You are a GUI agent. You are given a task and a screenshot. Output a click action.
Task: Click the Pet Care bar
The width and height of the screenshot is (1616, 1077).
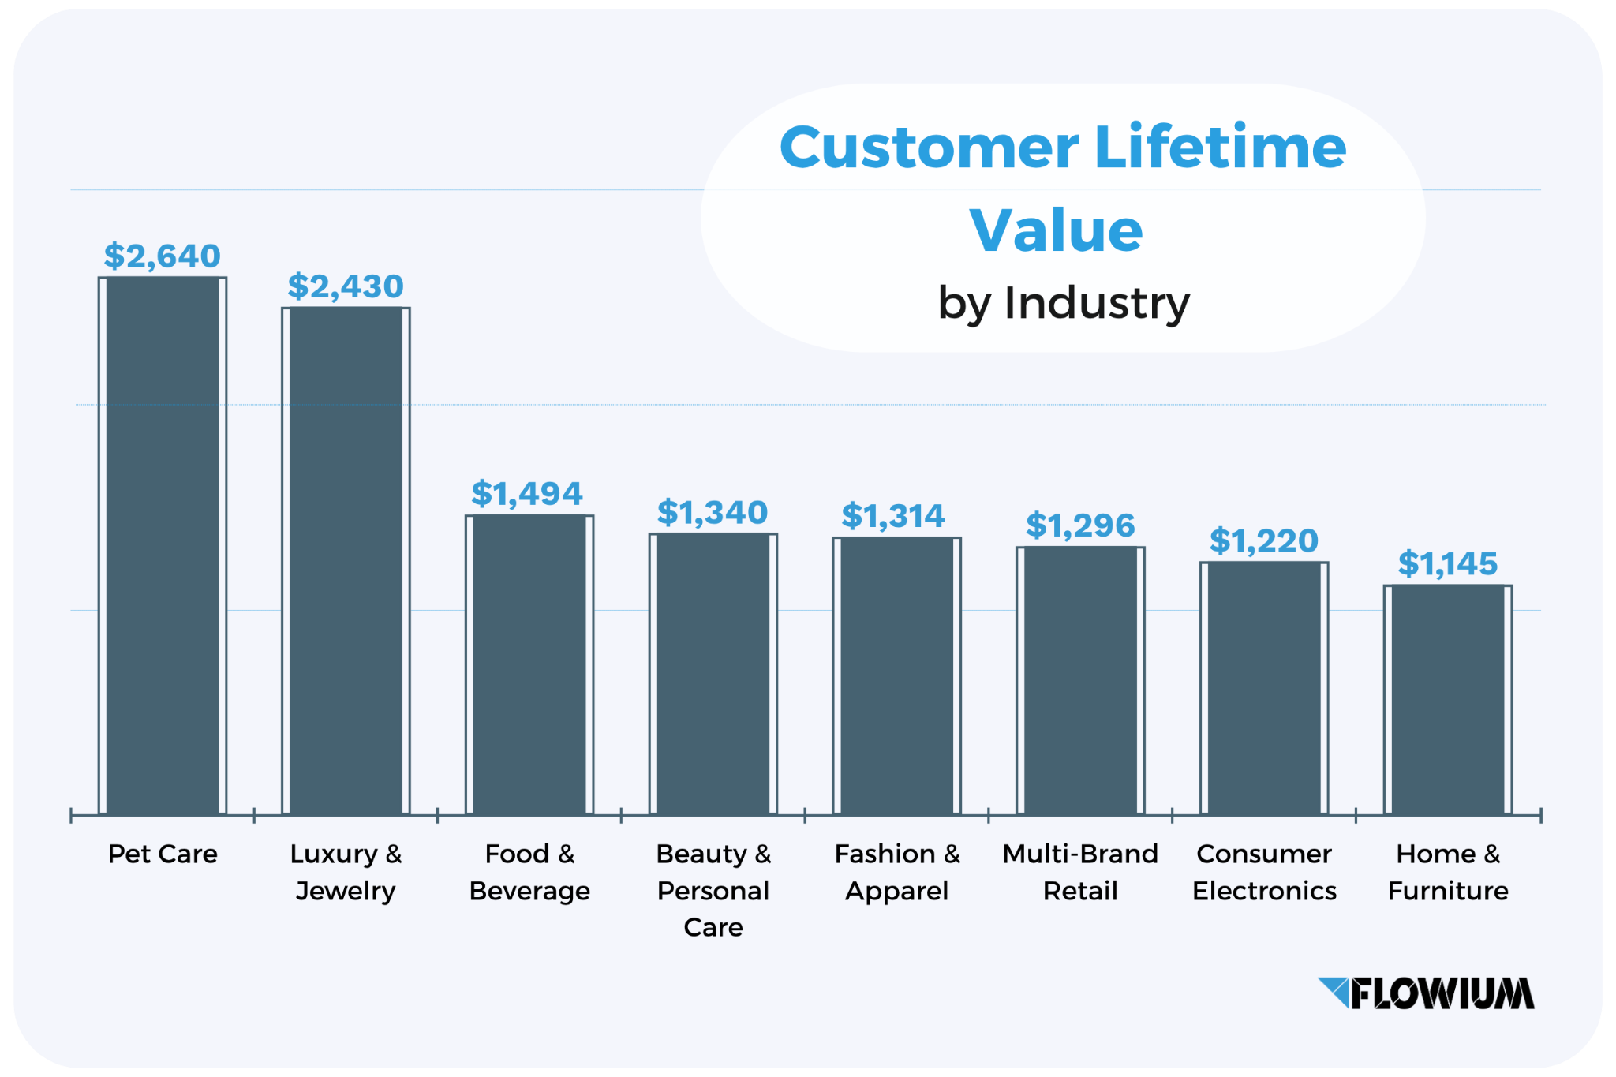tap(163, 545)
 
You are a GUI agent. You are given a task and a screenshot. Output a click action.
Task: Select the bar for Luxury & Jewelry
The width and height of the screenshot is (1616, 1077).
tap(346, 560)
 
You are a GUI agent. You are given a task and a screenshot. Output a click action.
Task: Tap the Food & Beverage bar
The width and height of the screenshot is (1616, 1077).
tap(529, 664)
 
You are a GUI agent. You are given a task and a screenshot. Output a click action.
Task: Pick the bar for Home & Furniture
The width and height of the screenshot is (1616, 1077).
tap(1448, 699)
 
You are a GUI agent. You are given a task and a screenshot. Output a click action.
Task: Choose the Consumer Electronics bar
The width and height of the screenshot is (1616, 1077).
tap(1264, 688)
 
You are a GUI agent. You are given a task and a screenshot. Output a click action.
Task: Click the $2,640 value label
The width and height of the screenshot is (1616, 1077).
tap(163, 256)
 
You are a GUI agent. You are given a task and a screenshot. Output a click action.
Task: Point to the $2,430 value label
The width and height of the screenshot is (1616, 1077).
tap(346, 286)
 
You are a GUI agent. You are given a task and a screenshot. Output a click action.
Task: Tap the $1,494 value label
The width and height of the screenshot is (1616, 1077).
tap(527, 494)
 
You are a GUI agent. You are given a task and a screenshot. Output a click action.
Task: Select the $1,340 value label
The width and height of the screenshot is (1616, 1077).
tap(713, 513)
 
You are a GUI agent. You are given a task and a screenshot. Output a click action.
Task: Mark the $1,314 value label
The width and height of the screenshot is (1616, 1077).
tap(893, 516)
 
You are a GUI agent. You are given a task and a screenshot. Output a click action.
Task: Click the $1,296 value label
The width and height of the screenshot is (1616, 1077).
tap(1080, 525)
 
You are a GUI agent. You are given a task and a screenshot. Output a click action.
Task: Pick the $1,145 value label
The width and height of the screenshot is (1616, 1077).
tap(1448, 563)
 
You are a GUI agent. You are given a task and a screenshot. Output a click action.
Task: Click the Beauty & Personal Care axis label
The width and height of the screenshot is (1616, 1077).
tap(713, 890)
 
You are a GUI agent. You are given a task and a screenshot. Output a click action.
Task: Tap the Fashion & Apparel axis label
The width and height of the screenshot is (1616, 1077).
tap(897, 872)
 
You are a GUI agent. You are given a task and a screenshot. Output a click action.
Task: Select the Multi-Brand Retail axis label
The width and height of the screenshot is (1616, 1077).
tap(1080, 872)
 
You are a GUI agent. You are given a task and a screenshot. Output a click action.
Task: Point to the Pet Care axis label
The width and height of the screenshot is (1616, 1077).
tap(163, 854)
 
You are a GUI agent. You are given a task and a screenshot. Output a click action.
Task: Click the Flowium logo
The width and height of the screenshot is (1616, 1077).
tap(1427, 993)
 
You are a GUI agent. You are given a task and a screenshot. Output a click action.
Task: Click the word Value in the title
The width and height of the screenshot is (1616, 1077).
tap(1056, 230)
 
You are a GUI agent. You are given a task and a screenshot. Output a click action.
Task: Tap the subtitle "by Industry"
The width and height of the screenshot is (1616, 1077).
tap(1063, 303)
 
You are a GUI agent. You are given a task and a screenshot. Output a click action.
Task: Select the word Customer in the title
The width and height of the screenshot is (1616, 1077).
tap(929, 148)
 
